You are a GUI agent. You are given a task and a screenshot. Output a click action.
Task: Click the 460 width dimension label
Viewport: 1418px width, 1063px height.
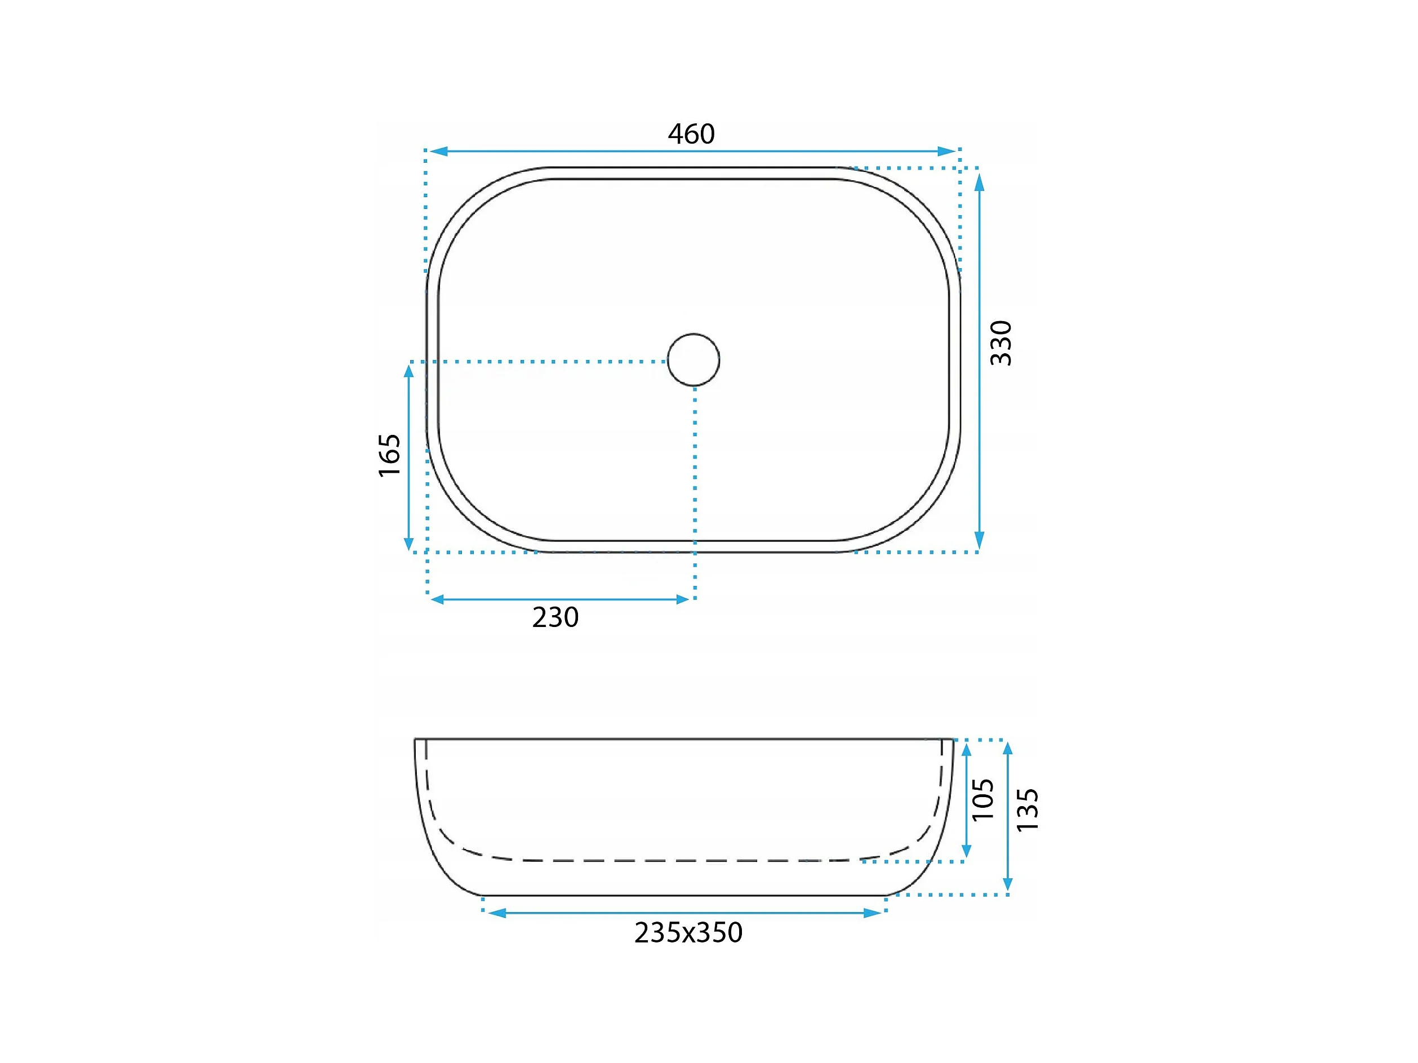[691, 134]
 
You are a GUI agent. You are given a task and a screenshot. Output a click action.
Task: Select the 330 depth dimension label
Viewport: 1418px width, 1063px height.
[1001, 343]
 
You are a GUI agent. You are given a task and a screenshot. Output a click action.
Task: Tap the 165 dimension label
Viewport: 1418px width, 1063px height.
[389, 456]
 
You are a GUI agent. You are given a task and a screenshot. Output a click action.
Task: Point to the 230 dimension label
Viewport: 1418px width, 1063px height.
[555, 617]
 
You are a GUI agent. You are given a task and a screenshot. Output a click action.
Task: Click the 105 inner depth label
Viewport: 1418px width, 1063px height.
[983, 799]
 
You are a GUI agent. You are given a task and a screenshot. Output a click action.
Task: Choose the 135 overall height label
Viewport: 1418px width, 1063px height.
[1028, 810]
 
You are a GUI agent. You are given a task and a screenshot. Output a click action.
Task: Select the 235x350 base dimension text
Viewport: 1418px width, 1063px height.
[688, 933]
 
